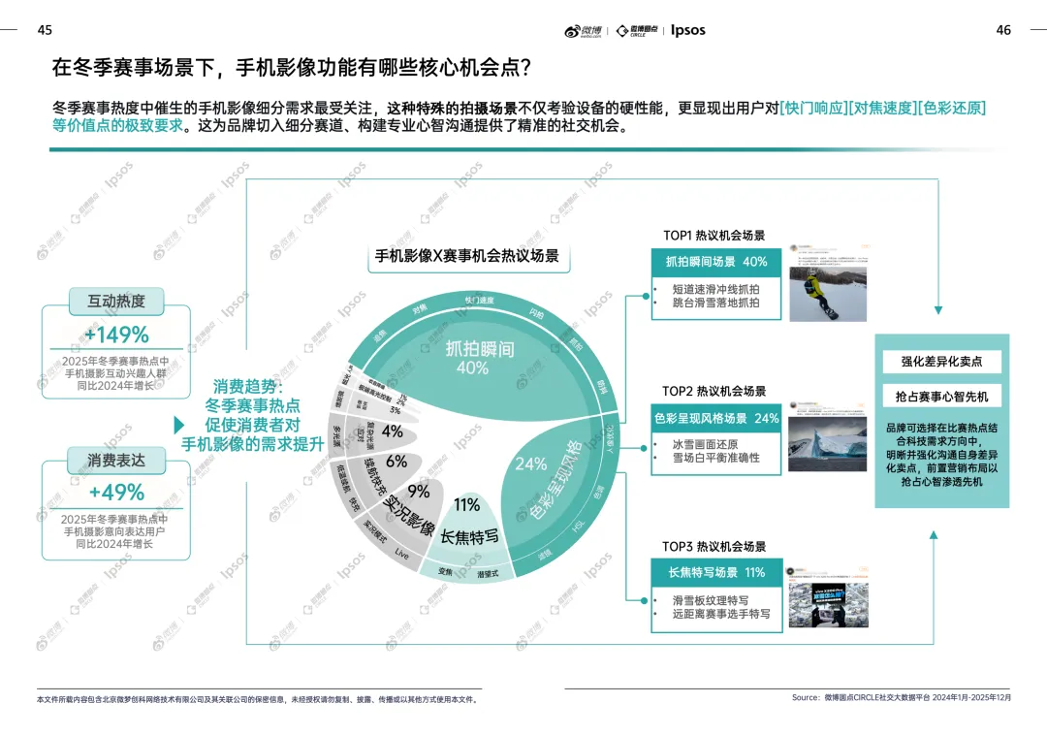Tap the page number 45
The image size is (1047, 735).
coord(45,30)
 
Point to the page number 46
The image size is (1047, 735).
coord(1003,30)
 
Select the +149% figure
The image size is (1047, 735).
coord(116,336)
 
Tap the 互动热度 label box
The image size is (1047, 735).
coord(116,302)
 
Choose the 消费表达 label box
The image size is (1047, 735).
coord(116,460)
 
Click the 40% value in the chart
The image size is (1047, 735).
coord(472,368)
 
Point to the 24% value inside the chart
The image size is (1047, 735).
coord(530,464)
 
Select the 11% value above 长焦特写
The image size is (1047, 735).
coord(466,504)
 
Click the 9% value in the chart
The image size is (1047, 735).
coord(418,491)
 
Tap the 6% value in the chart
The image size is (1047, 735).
coord(397,462)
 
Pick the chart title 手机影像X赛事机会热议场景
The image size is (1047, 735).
coord(467,256)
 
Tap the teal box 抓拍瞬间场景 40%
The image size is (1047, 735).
coord(716,262)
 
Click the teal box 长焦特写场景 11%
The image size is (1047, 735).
coord(716,573)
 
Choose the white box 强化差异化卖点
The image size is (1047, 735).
coord(941,361)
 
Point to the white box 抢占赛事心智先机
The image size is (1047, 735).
coord(941,397)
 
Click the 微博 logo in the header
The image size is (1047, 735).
coord(584,30)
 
